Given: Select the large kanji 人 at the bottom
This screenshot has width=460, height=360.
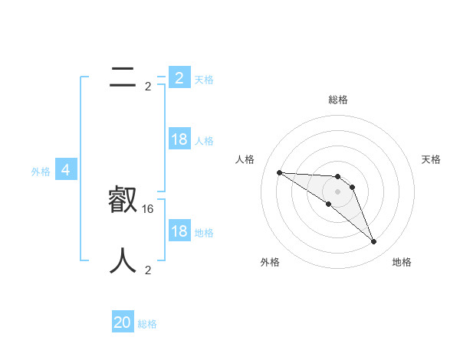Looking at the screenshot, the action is coord(123,261).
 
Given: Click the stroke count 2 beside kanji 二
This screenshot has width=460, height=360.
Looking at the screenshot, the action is coord(148,87).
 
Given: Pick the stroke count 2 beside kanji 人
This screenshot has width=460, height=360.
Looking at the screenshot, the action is coord(148,270).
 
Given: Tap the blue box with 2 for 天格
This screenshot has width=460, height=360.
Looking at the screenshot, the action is coord(179,78).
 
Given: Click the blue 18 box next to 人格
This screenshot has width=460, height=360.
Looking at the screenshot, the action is coord(179,139).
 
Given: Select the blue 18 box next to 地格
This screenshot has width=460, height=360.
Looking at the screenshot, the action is coord(179,231).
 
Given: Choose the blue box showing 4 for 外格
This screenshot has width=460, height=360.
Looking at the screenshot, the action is coord(66,170).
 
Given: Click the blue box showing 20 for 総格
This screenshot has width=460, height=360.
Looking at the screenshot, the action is coord(123,322).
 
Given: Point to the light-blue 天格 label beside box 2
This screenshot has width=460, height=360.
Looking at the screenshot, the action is coord(204,79).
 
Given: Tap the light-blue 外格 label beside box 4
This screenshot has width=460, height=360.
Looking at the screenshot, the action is coord(41,172).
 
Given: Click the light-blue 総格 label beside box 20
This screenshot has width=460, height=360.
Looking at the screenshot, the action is coord(147,324).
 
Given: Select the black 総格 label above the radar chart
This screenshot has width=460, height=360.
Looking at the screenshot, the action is coord(338,100).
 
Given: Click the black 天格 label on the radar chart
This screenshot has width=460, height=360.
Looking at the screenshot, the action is coord(432,159).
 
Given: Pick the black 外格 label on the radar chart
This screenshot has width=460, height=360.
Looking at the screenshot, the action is coord(270,262).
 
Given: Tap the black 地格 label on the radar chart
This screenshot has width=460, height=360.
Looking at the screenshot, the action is coord(402,262).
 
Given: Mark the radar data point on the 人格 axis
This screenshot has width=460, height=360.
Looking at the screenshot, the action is coord(279,172).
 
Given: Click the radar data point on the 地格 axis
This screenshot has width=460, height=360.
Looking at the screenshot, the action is coord(374,242).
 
